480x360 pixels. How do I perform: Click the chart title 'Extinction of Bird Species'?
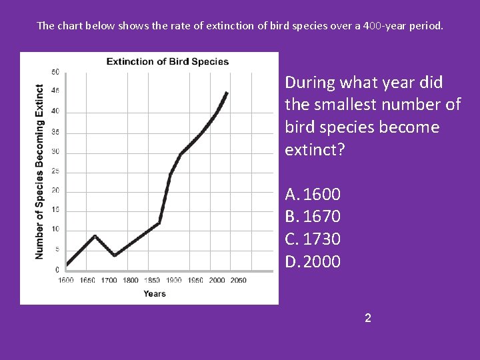click(x=167, y=62)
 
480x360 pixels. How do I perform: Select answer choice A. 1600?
click(x=313, y=195)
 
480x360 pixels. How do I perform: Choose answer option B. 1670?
click(x=313, y=217)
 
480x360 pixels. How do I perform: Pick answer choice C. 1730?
click(x=313, y=239)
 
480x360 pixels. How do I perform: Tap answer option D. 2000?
click(x=313, y=261)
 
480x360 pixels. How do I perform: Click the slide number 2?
click(x=367, y=318)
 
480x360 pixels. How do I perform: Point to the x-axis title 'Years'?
click(x=154, y=294)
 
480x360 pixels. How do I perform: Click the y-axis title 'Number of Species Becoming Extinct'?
click(x=39, y=171)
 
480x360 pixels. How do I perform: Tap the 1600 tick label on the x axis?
click(x=66, y=280)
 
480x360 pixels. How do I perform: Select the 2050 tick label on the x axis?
click(x=237, y=280)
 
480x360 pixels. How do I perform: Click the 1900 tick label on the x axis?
click(x=173, y=280)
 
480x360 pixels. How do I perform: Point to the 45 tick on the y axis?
click(x=55, y=91)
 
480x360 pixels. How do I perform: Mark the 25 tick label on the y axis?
click(x=55, y=171)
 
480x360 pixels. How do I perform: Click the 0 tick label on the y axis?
click(x=57, y=270)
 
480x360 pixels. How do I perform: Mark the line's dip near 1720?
click(x=115, y=255)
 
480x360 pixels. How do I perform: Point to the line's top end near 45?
click(x=227, y=93)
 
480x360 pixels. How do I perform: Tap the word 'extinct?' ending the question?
click(x=315, y=149)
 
